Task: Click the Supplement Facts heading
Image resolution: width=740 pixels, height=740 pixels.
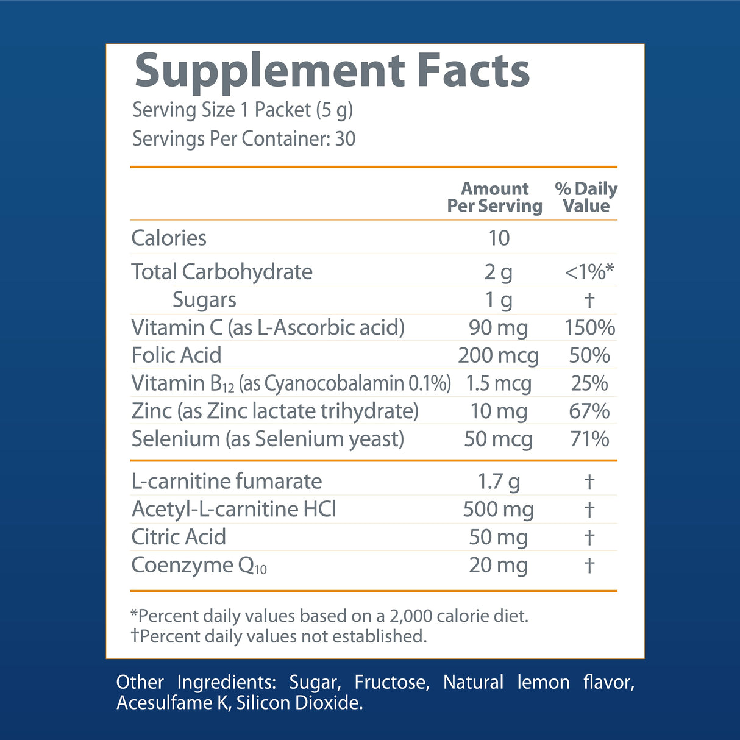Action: (x=332, y=72)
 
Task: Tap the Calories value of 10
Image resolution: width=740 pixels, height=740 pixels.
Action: (x=499, y=238)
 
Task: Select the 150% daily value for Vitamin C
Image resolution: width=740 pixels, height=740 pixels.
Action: (x=589, y=327)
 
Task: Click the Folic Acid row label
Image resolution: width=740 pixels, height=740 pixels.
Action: (x=176, y=355)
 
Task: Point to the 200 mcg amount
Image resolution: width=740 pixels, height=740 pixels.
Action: (x=498, y=355)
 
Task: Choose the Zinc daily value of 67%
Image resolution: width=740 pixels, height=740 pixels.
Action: (x=589, y=411)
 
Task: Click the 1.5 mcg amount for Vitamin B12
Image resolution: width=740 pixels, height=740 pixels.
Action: (x=498, y=383)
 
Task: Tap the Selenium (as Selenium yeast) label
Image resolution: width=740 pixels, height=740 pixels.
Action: (x=268, y=439)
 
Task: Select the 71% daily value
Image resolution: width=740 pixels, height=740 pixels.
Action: (x=589, y=439)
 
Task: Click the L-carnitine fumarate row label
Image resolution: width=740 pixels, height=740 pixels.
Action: (x=226, y=482)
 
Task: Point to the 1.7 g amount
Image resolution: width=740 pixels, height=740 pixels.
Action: (x=498, y=482)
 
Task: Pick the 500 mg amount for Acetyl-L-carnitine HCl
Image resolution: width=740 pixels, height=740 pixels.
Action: (x=498, y=509)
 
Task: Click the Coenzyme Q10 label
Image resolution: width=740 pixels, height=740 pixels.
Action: (x=199, y=566)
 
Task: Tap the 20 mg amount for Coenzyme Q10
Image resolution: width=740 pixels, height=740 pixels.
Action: (x=498, y=565)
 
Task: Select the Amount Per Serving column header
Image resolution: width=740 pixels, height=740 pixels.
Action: (x=494, y=197)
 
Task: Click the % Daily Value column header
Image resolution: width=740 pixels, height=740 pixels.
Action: (x=586, y=197)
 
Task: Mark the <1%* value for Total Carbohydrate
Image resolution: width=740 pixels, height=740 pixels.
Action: (x=589, y=272)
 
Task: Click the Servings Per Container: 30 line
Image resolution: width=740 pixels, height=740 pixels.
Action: (x=244, y=139)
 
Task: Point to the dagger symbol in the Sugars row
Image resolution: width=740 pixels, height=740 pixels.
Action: (x=589, y=300)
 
